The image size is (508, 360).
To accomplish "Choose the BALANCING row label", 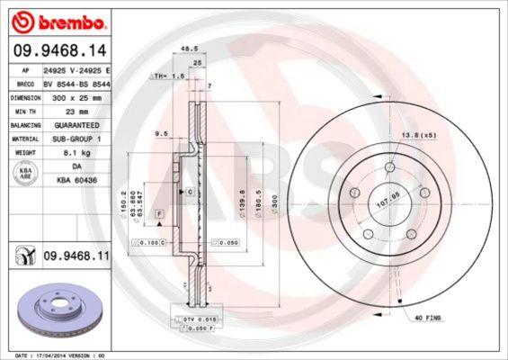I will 23,125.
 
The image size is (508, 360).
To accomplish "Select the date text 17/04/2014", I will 53,355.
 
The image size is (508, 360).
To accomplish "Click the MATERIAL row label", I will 22,139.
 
